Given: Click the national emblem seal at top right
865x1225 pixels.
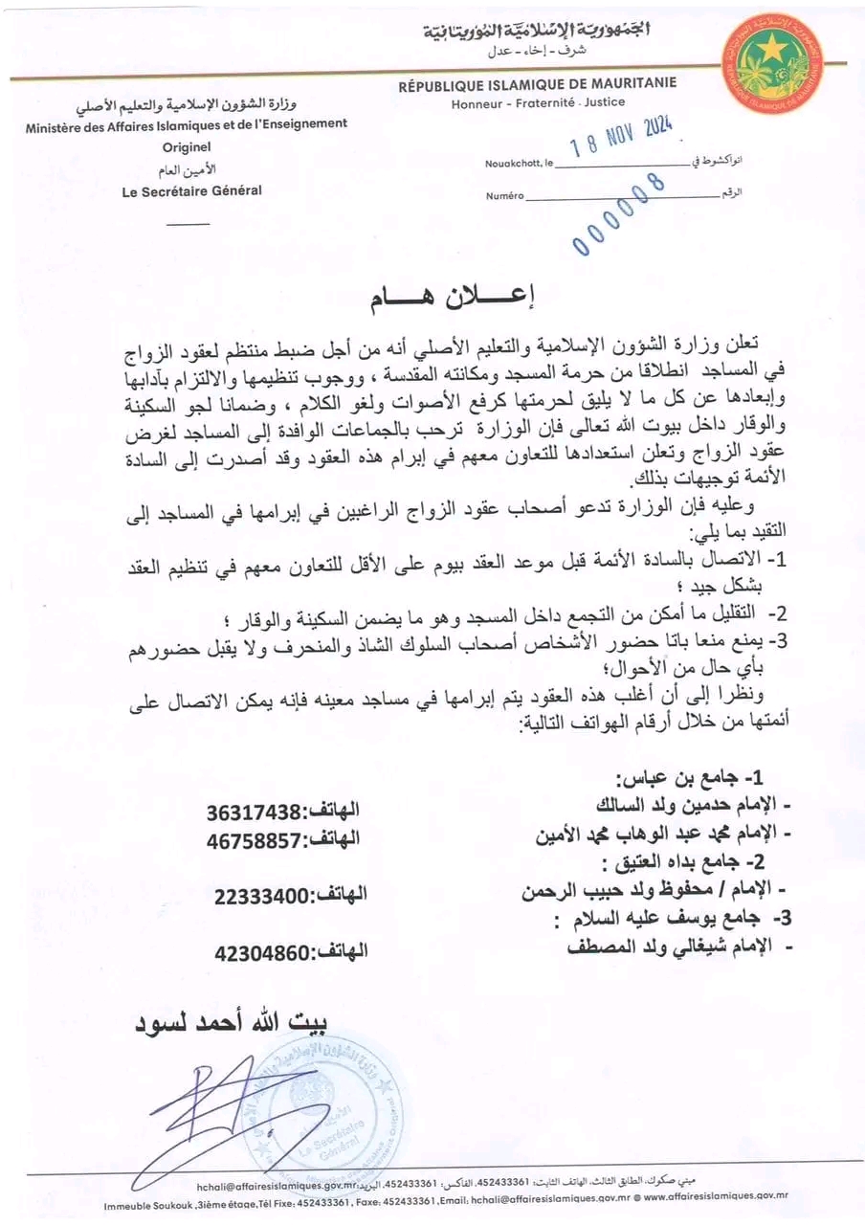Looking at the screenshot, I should (x=773, y=64).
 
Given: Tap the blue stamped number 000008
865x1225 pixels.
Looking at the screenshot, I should (x=619, y=213).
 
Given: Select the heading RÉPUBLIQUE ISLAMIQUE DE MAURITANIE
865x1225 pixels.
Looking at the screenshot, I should (x=537, y=83).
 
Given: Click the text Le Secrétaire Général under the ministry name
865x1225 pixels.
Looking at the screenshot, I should (x=191, y=190).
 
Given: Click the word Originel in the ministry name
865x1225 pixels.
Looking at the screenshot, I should (x=187, y=146).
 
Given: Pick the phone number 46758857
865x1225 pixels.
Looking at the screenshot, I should (x=254, y=839).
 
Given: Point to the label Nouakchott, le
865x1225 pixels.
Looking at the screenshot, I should (x=519, y=164).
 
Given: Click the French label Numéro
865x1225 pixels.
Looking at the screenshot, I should (x=504, y=195).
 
